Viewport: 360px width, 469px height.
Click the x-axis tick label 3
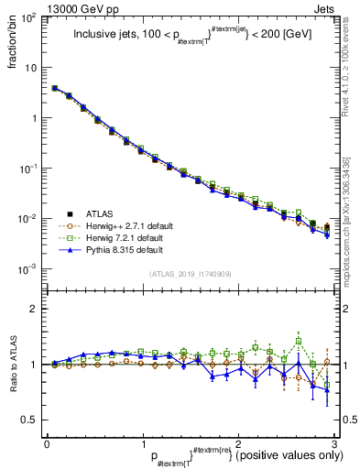(x=335, y=443)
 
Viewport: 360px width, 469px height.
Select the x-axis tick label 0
(x=47, y=443)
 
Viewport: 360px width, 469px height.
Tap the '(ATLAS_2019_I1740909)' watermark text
(x=190, y=274)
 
